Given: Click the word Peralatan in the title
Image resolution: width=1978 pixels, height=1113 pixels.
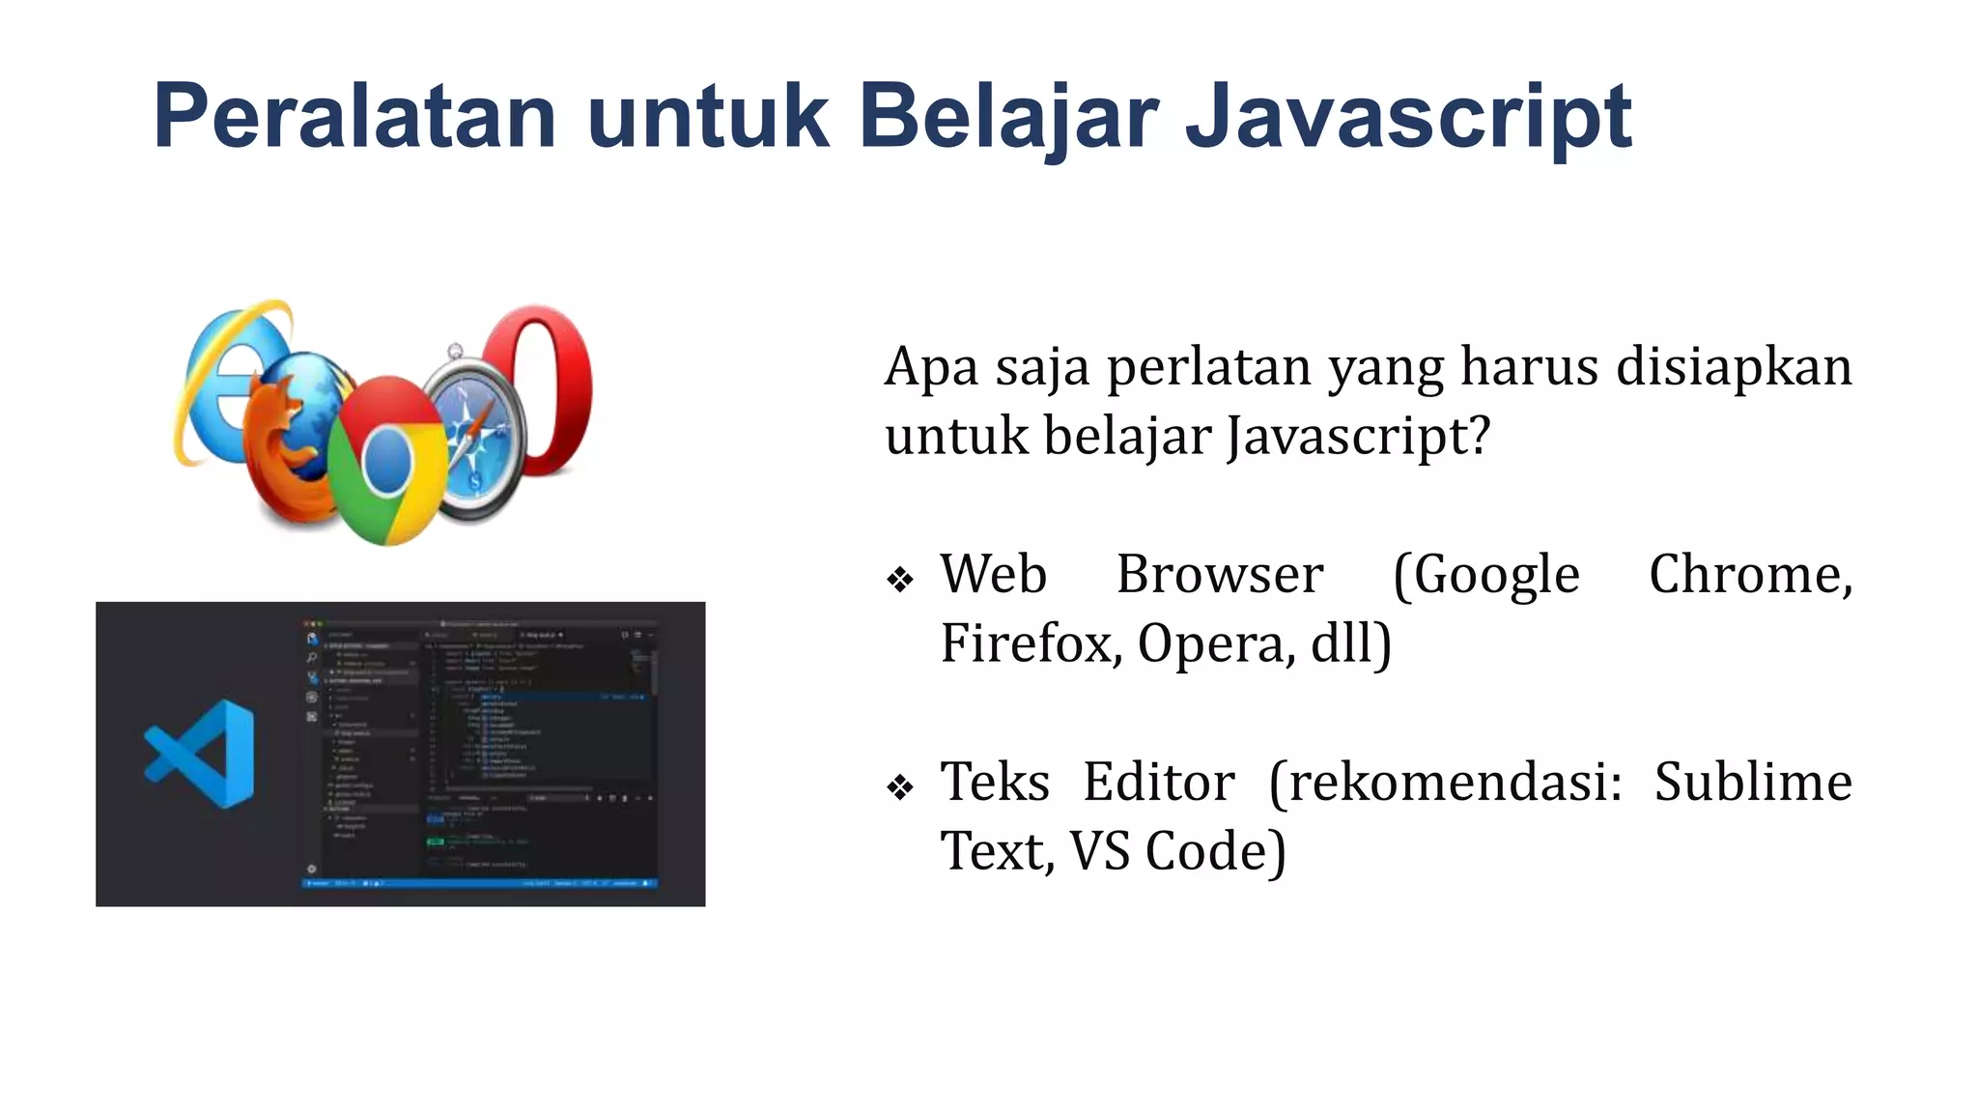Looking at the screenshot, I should pyautogui.click(x=354, y=117).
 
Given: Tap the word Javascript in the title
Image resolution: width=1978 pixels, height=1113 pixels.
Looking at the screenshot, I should pyautogui.click(x=1407, y=117).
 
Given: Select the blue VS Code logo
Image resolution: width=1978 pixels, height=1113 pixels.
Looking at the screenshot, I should pyautogui.click(x=202, y=754).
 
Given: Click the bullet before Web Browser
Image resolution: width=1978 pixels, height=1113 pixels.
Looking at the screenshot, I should pyautogui.click(x=900, y=580).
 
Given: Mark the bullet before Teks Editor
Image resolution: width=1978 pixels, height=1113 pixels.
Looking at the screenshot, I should pyautogui.click(x=900, y=787).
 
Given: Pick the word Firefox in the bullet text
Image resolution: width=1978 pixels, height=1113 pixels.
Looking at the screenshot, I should pyautogui.click(x=1030, y=643).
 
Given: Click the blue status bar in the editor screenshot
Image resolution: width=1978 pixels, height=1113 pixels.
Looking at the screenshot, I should pyautogui.click(x=480, y=883).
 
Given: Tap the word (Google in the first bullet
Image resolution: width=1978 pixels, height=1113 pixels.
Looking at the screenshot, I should pyautogui.click(x=1485, y=576).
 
